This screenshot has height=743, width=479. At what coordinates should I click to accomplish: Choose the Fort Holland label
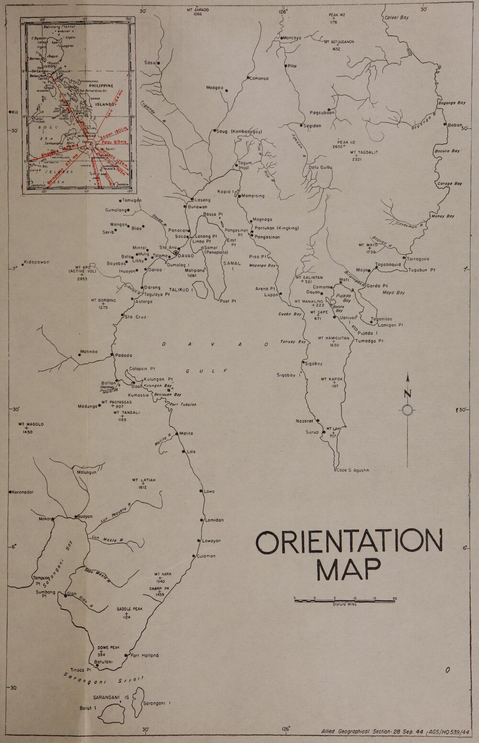click(144, 655)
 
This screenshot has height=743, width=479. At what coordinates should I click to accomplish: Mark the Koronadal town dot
click(10, 492)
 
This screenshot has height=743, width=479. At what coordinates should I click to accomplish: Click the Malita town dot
click(176, 433)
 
